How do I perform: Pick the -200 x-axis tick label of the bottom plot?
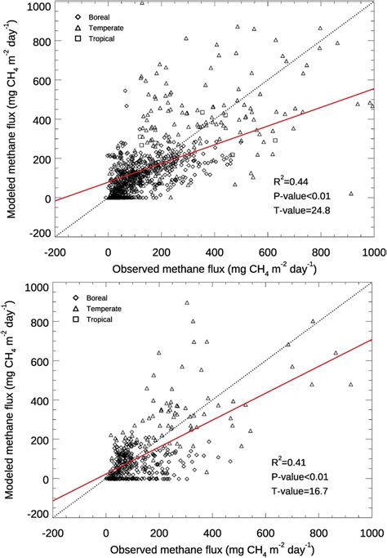[x=56, y=533]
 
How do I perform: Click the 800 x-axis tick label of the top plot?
[x=322, y=252]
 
